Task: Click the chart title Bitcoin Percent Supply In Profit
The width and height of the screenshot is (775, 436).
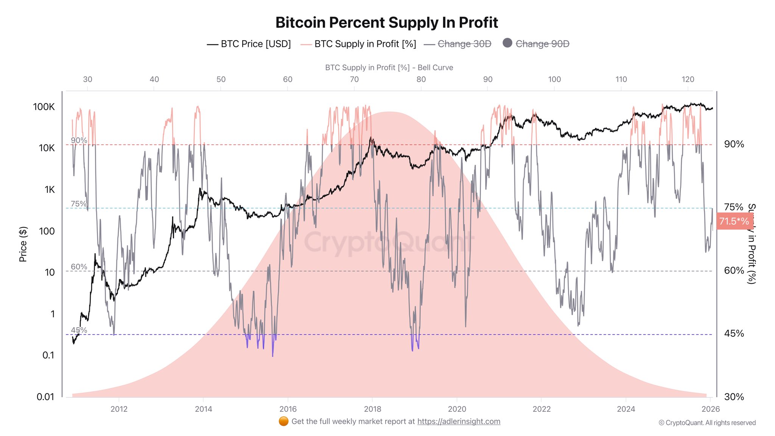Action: pyautogui.click(x=386, y=23)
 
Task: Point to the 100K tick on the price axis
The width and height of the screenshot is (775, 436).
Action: pyautogui.click(x=44, y=107)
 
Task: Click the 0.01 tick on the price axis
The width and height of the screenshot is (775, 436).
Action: pyautogui.click(x=45, y=397)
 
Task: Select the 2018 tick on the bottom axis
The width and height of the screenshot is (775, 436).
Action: pyautogui.click(x=372, y=409)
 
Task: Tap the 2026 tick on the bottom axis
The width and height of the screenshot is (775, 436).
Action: pyautogui.click(x=710, y=409)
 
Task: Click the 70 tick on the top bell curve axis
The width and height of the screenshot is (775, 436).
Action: pyautogui.click(x=354, y=79)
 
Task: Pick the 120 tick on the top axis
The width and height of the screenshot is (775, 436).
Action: pyautogui.click(x=688, y=79)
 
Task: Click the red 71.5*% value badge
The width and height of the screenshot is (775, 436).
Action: pyautogui.click(x=734, y=221)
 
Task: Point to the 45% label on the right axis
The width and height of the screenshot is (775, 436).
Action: pyautogui.click(x=734, y=333)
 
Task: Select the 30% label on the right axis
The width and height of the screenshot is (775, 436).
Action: pyautogui.click(x=734, y=397)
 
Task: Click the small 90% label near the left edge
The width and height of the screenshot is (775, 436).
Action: pyautogui.click(x=79, y=140)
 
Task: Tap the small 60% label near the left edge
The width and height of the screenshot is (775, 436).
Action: pyautogui.click(x=79, y=267)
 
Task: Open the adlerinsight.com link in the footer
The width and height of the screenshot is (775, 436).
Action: pyautogui.click(x=459, y=422)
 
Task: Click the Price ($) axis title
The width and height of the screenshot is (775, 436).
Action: pyautogui.click(x=23, y=244)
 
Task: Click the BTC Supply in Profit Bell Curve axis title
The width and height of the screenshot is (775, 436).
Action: pyautogui.click(x=389, y=68)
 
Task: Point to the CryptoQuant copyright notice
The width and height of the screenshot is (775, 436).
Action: pyautogui.click(x=707, y=423)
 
